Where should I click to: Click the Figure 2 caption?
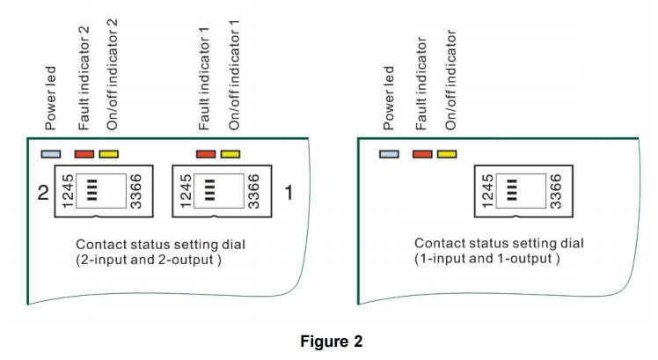tap(331, 342)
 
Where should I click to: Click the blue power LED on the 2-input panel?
tap(51, 154)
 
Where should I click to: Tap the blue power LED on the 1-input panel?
tap(389, 154)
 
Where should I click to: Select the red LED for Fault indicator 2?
tap(84, 154)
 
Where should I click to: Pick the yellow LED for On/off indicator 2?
tap(109, 154)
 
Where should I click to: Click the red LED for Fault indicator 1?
tap(205, 154)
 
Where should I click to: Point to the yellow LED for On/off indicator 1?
tap(230, 154)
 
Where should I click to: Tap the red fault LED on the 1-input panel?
tap(422, 154)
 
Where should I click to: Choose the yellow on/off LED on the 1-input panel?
tap(447, 154)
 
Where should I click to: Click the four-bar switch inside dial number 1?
tap(209, 189)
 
